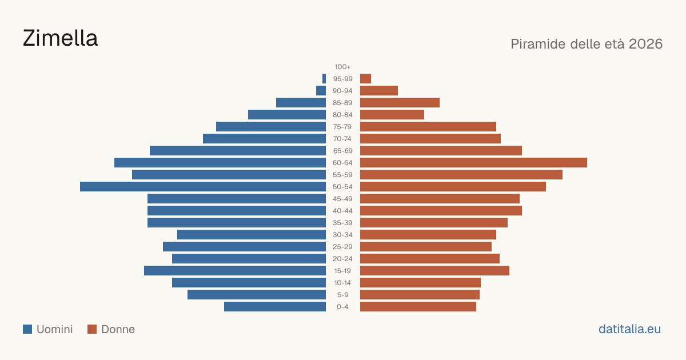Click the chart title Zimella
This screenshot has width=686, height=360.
61,38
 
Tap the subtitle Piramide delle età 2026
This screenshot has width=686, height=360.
587,44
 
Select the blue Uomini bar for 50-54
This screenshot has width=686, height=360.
203,187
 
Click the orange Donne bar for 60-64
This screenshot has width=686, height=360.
473,162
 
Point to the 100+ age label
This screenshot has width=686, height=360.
342,67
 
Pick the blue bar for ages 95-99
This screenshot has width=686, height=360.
324,79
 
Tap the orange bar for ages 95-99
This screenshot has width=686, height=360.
365,79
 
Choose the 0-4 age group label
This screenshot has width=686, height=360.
342,307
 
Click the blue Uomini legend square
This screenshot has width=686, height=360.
27,329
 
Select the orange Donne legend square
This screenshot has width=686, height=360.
92,329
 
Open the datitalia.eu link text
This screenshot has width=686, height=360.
629,329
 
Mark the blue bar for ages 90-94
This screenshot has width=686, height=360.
321,91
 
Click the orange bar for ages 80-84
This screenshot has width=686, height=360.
392,115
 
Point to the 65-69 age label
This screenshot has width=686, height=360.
342,151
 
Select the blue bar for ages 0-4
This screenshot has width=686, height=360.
275,307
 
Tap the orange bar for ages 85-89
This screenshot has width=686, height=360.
400,102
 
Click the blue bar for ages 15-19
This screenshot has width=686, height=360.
235,271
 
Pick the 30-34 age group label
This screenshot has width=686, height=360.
342,235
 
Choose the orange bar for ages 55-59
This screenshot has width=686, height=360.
461,174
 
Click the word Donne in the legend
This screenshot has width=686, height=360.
118,329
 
